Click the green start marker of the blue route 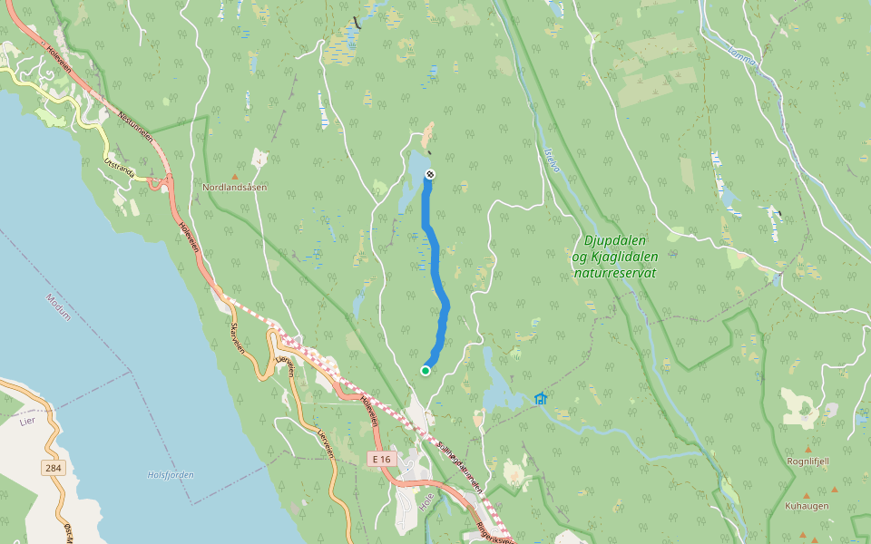pos(425,370)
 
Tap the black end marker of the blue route pos(430,174)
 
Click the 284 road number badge pos(53,468)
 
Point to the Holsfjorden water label pos(171,474)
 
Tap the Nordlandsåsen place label pos(235,187)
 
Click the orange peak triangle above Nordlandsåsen pos(235,176)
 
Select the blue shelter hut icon pos(541,398)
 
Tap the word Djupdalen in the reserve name pos(614,240)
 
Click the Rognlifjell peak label pos(808,461)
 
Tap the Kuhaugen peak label pos(807,506)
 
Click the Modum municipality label pos(57,303)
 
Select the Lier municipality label pos(25,422)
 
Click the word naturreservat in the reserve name pos(614,272)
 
